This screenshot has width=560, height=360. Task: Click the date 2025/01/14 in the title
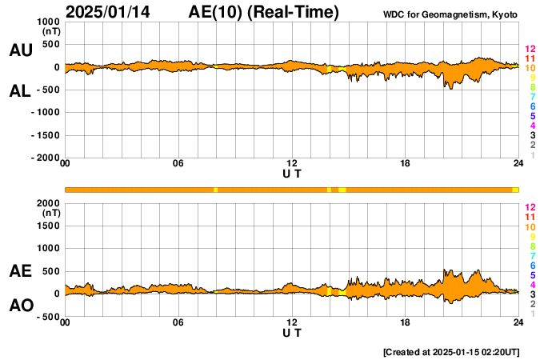coord(108,12)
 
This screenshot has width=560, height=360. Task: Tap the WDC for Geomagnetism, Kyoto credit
coord(450,14)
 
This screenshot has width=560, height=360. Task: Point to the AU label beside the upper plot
coord(21,50)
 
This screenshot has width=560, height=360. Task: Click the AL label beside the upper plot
coord(20,91)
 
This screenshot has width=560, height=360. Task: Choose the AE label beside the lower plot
coord(20,271)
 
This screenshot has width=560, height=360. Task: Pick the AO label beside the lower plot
coord(22,306)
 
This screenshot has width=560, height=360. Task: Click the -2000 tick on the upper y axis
coord(46,158)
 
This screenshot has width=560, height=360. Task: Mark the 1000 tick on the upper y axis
coord(49,22)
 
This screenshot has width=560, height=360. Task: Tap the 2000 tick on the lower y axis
coord(49,203)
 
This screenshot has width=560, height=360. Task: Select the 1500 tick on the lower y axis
coord(49,226)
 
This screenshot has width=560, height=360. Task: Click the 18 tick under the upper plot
coord(405,163)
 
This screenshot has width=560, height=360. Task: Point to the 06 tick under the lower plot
coord(178,322)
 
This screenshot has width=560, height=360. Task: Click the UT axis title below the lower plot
coord(292,333)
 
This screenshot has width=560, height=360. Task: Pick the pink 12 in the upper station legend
coord(530,49)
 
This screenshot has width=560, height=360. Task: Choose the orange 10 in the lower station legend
coord(530,227)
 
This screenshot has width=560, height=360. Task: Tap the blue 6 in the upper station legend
coord(533,106)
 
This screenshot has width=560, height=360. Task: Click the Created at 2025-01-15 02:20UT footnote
coord(451,352)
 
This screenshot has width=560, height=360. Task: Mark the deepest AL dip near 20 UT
coord(451,89)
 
